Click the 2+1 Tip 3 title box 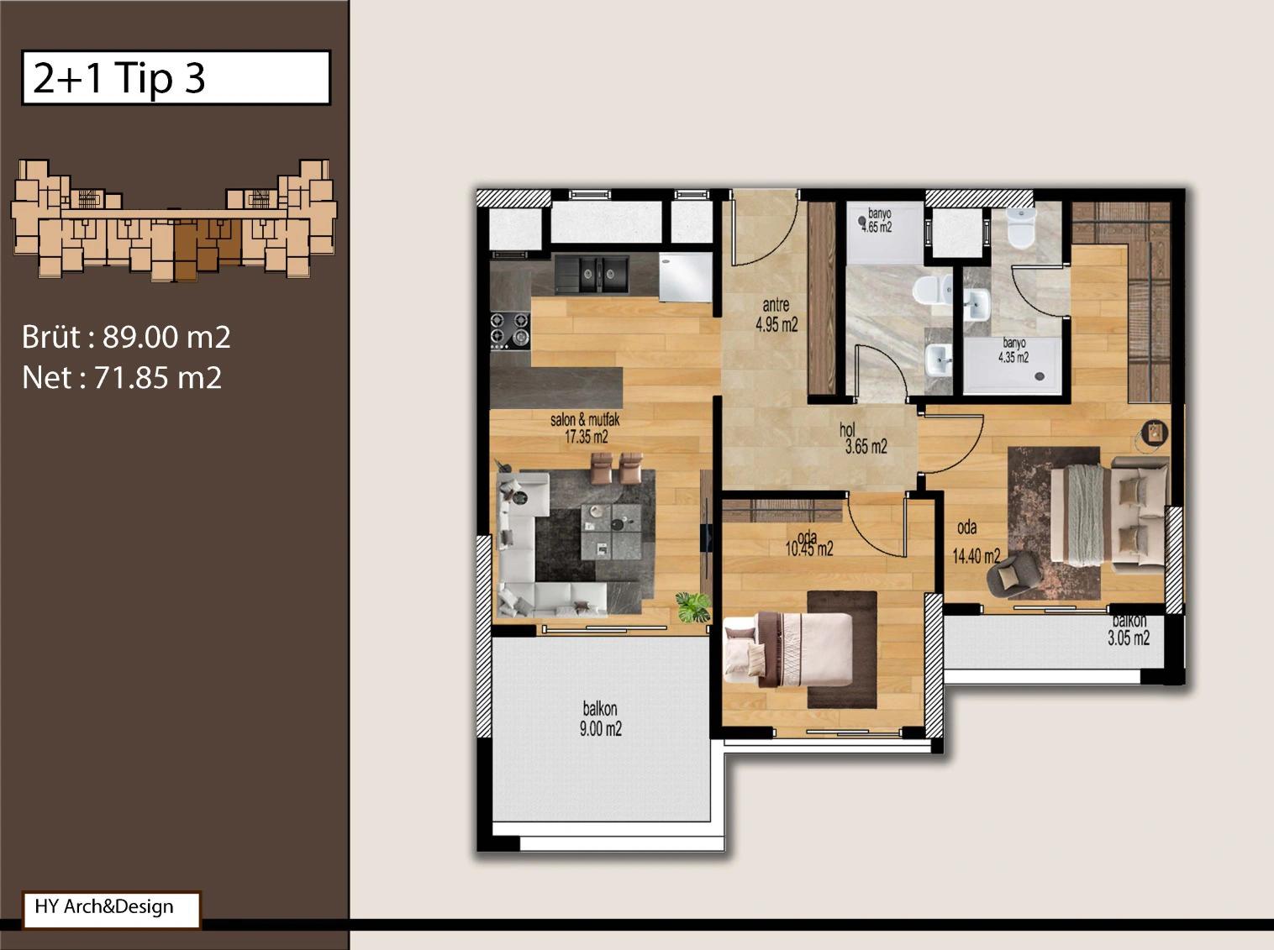(176, 78)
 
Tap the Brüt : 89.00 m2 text (126, 337)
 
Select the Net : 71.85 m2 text (122, 378)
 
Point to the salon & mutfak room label (585, 428)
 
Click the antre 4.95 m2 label (777, 315)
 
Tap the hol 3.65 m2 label (863, 438)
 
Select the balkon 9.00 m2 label (600, 719)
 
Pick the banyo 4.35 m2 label (1013, 350)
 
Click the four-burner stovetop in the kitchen (510, 330)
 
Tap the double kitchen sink (592, 274)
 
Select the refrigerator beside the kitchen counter (686, 277)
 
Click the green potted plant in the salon (693, 607)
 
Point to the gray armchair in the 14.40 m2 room (1014, 573)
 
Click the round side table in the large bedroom (1155, 433)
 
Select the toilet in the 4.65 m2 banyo (932, 290)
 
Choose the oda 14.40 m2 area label (976, 543)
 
